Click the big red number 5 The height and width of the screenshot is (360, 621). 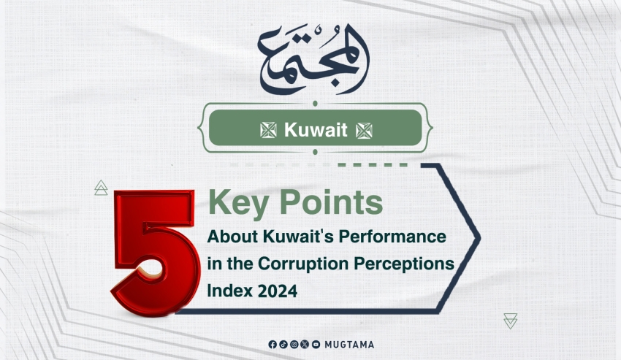click(x=154, y=253)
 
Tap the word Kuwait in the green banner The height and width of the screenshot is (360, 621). click(x=316, y=130)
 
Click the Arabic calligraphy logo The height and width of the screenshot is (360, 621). click(x=313, y=59)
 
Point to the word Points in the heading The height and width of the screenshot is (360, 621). click(x=332, y=202)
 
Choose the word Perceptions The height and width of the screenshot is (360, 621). click(x=404, y=264)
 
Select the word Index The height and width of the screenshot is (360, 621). click(x=230, y=291)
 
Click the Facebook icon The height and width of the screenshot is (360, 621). click(x=273, y=345)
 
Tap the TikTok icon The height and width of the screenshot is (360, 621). click(x=283, y=345)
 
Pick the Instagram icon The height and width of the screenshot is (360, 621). click(x=294, y=345)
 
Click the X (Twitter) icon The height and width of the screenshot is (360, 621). click(x=305, y=345)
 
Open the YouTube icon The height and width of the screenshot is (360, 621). click(x=316, y=345)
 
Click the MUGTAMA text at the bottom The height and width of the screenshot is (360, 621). click(x=349, y=345)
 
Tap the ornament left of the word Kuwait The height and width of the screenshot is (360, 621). click(x=268, y=130)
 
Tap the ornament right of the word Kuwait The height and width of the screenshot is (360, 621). click(x=364, y=130)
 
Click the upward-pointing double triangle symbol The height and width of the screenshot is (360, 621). click(x=101, y=188)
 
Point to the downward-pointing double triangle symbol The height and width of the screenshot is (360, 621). click(x=511, y=321)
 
